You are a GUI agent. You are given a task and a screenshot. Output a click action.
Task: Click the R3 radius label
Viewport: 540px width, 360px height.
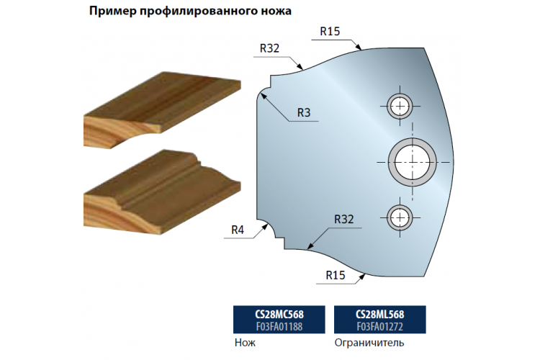pyautogui.click(x=304, y=112)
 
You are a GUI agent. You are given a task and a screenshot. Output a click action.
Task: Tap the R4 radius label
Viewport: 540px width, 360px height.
pyautogui.click(x=238, y=230)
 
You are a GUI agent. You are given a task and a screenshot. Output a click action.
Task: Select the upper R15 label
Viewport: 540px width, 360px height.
pyautogui.click(x=330, y=32)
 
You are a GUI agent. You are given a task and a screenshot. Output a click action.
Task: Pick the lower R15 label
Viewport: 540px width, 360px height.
pyautogui.click(x=336, y=275)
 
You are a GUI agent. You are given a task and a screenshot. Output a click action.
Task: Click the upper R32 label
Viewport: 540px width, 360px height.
pyautogui.click(x=269, y=48)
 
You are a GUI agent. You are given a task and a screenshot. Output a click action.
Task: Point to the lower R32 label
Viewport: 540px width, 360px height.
pyautogui.click(x=344, y=219)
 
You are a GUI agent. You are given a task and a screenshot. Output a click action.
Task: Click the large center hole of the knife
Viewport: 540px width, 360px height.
pyautogui.click(x=413, y=162)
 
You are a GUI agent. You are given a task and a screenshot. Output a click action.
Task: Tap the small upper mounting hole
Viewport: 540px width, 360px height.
pyautogui.click(x=400, y=106)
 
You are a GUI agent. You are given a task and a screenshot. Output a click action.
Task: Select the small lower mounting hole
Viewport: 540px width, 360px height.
pyautogui.click(x=400, y=217)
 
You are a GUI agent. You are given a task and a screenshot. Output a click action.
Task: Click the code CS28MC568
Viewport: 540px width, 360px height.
pyautogui.click(x=279, y=314)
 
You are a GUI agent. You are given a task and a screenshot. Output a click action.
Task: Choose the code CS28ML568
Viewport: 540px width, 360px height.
pyautogui.click(x=380, y=314)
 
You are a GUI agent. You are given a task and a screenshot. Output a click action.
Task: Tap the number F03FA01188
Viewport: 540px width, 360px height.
pyautogui.click(x=279, y=326)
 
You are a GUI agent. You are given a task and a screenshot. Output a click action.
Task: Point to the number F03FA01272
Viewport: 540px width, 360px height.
pyautogui.click(x=380, y=326)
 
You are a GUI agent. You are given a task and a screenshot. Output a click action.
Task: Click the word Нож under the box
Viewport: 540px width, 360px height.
pyautogui.click(x=246, y=343)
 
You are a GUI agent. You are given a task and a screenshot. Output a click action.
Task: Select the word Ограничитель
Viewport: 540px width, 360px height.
pyautogui.click(x=369, y=343)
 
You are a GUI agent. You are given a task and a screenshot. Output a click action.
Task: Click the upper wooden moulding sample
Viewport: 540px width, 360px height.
pyautogui.click(x=162, y=109)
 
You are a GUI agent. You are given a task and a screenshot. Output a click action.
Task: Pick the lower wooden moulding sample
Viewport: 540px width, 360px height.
pyautogui.click(x=162, y=192)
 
